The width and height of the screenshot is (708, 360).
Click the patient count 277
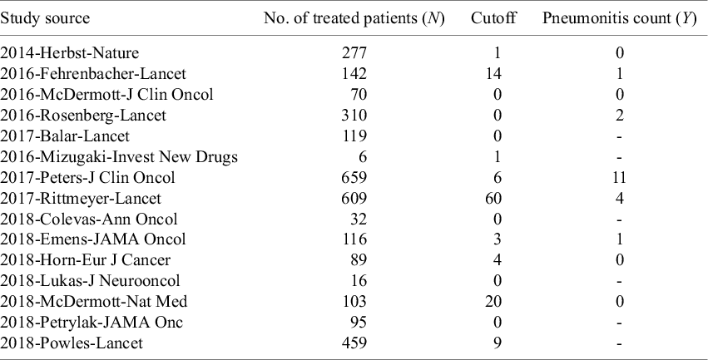coord(354,52)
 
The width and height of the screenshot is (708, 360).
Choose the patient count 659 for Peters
coord(354,177)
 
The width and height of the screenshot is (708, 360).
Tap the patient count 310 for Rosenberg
coord(354,115)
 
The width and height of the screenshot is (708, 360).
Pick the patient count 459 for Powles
coord(354,343)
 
